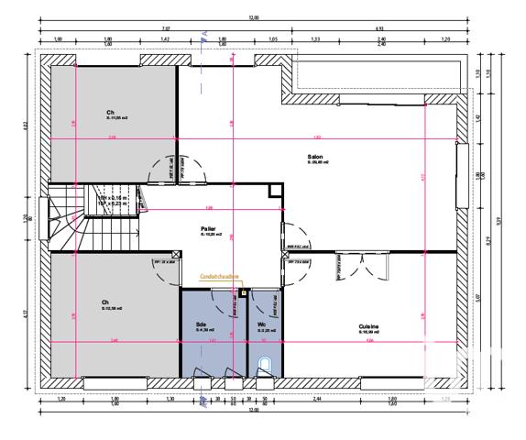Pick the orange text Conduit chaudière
pyautogui.click(x=220, y=275)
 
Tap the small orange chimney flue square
pyautogui.click(x=242, y=292)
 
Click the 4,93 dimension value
pyautogui.click(x=378, y=28)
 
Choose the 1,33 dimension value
pyautogui.click(x=315, y=39)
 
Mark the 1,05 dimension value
pyautogui.click(x=272, y=39)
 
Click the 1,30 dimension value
pyautogui.click(x=170, y=401)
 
